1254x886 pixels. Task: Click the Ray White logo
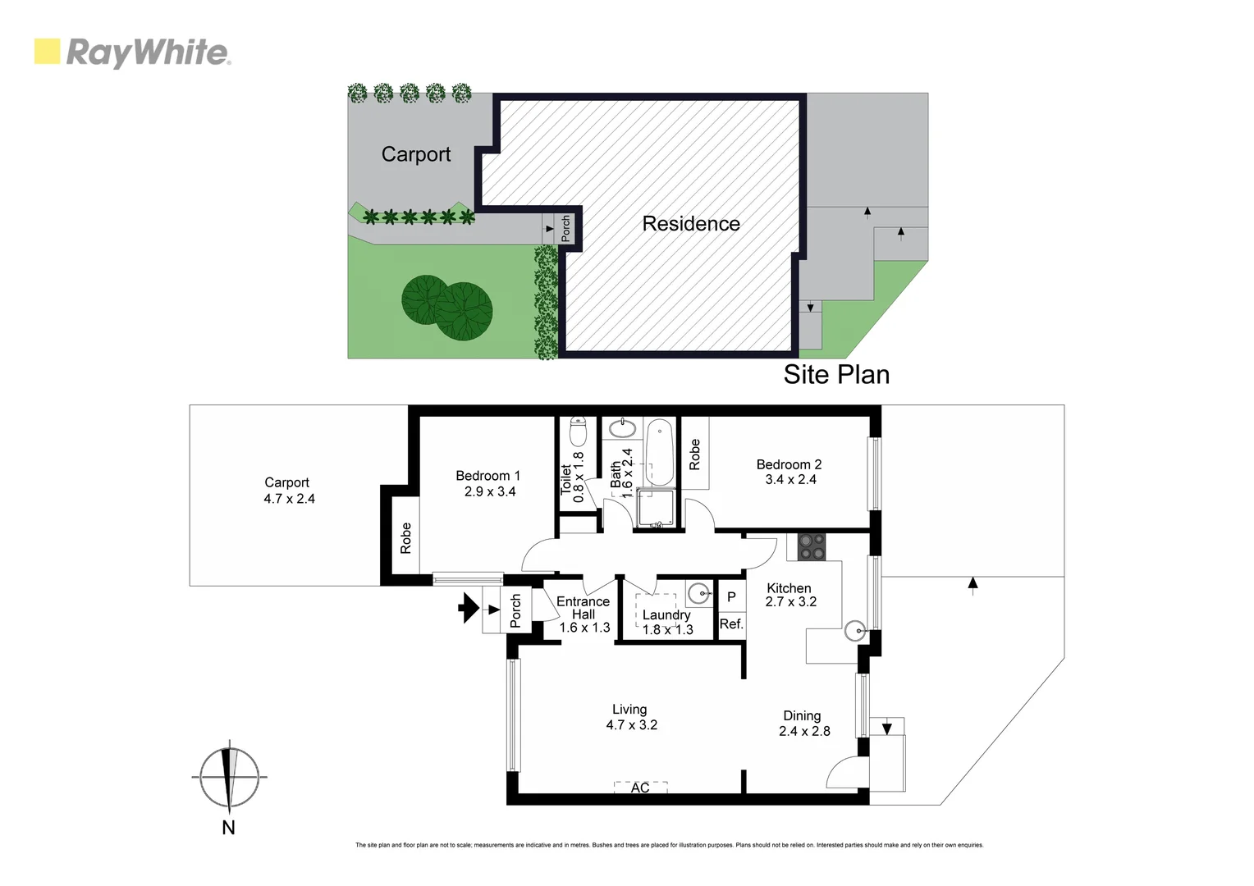tap(132, 53)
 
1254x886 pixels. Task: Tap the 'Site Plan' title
tap(836, 375)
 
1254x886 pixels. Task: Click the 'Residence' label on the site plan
tap(691, 224)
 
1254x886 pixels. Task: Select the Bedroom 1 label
tap(488, 476)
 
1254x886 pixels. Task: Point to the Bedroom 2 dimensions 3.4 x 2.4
tap(790, 480)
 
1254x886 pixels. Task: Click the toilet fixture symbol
tap(579, 430)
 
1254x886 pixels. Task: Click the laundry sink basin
tap(698, 592)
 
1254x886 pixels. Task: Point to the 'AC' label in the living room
tap(640, 788)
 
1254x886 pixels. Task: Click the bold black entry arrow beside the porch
tap(469, 609)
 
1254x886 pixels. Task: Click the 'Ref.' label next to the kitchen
tap(731, 624)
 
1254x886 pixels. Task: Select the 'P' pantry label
tap(731, 597)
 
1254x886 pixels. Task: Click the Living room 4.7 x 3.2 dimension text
tap(632, 725)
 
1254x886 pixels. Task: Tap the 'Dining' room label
tap(802, 716)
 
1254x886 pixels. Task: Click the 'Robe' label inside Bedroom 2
tap(695, 454)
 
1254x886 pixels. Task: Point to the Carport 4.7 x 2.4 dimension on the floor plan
tap(289, 499)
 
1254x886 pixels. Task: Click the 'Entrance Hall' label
tap(583, 608)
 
